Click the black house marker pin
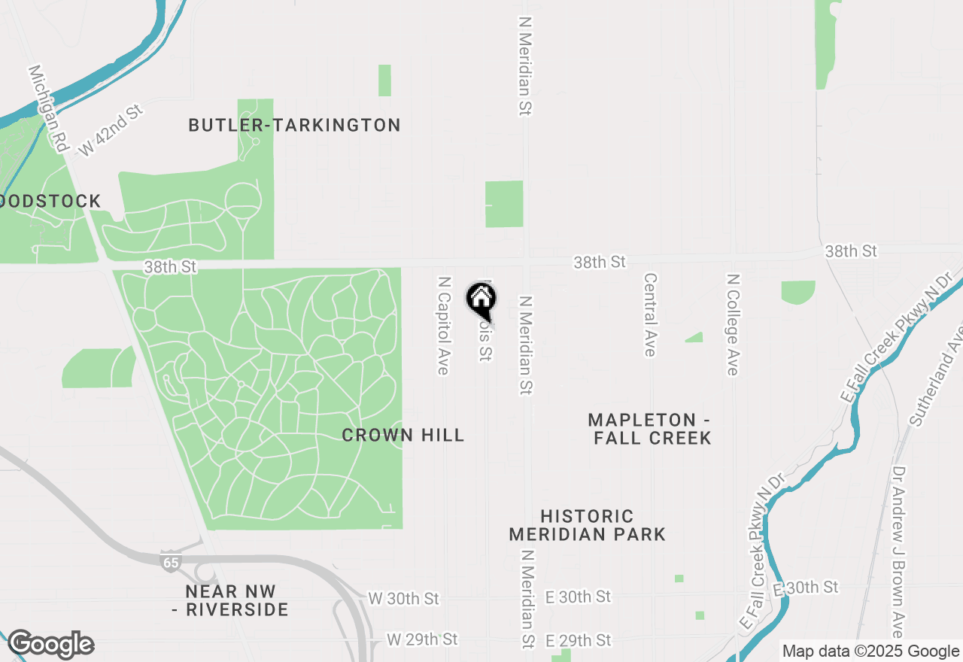tap(481, 299)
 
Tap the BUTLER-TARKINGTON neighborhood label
tap(294, 125)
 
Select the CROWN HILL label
tap(403, 435)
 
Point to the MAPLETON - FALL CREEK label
tap(652, 429)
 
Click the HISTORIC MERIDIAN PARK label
tap(587, 525)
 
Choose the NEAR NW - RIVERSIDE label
tap(229, 600)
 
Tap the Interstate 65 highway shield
tap(170, 561)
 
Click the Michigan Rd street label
tap(47, 108)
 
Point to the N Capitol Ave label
tap(444, 325)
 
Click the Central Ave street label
tap(649, 314)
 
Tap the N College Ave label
tap(732, 324)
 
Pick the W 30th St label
tap(403, 599)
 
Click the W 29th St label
tap(421, 639)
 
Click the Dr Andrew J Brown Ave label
tap(898, 552)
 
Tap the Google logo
tap(50, 645)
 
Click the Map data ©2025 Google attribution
tap(870, 651)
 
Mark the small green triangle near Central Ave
tap(696, 338)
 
